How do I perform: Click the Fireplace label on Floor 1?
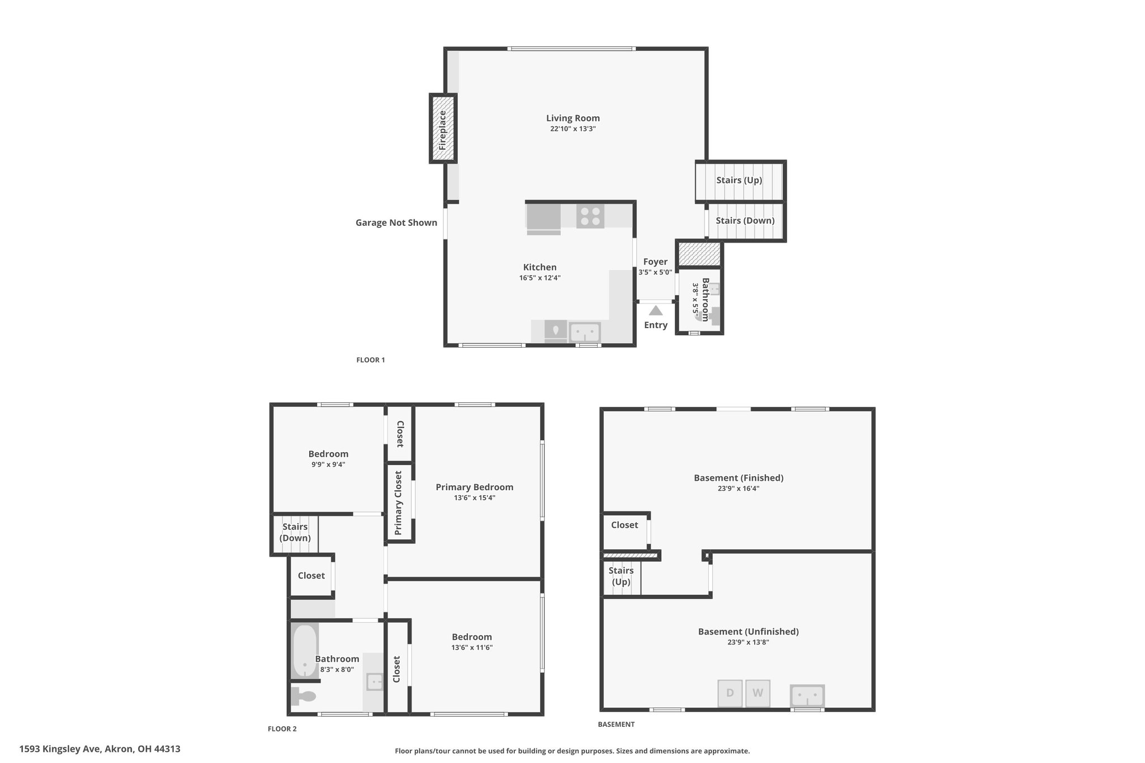click(x=442, y=130)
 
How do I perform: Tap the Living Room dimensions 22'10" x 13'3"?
click(x=573, y=129)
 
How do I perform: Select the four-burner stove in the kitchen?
click(x=590, y=216)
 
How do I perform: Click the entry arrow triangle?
click(x=655, y=310)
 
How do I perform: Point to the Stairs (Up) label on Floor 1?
click(x=739, y=180)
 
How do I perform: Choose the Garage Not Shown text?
click(x=396, y=222)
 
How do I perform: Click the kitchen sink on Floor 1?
click(x=585, y=333)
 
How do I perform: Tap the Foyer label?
click(x=655, y=262)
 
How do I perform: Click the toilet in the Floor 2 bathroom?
click(x=304, y=696)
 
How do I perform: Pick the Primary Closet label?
click(x=399, y=503)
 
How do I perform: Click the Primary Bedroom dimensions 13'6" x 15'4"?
click(x=475, y=497)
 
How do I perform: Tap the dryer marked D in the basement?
click(x=730, y=693)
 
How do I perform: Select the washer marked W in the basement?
click(x=758, y=693)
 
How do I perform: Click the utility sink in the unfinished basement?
click(x=807, y=696)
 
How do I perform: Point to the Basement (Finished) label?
click(x=739, y=478)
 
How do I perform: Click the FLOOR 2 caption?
click(x=282, y=729)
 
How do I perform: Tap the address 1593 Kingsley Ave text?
click(x=60, y=749)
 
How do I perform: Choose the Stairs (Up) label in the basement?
click(x=621, y=576)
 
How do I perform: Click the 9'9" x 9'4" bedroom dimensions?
click(x=329, y=464)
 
